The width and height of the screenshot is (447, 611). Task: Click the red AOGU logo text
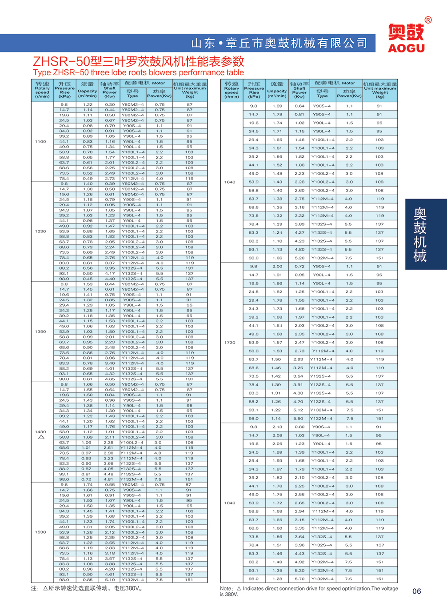[406, 48]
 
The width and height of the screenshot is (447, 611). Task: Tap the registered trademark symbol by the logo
[428, 20]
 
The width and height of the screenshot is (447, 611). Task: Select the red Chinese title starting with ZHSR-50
[139, 61]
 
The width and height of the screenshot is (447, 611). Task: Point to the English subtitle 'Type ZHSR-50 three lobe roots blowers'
[138, 72]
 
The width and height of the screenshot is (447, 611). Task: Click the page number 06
[416, 591]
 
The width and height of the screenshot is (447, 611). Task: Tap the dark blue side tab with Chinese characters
[420, 234]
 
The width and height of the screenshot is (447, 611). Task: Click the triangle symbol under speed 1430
[41, 437]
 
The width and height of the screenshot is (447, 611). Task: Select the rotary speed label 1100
[40, 142]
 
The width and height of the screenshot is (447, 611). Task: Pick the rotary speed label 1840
[230, 503]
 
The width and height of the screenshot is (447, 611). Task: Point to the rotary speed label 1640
[230, 182]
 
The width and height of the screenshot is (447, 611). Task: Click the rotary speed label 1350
[40, 331]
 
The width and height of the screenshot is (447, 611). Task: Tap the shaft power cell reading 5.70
[299, 579]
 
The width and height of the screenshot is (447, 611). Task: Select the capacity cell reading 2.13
[277, 427]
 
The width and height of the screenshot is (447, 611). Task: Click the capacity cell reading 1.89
[277, 106]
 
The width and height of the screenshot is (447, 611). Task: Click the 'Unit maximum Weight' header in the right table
[380, 90]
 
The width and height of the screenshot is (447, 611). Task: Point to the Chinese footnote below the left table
[87, 588]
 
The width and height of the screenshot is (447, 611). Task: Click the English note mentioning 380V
[308, 591]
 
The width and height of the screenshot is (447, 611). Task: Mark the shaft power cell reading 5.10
[110, 580]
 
